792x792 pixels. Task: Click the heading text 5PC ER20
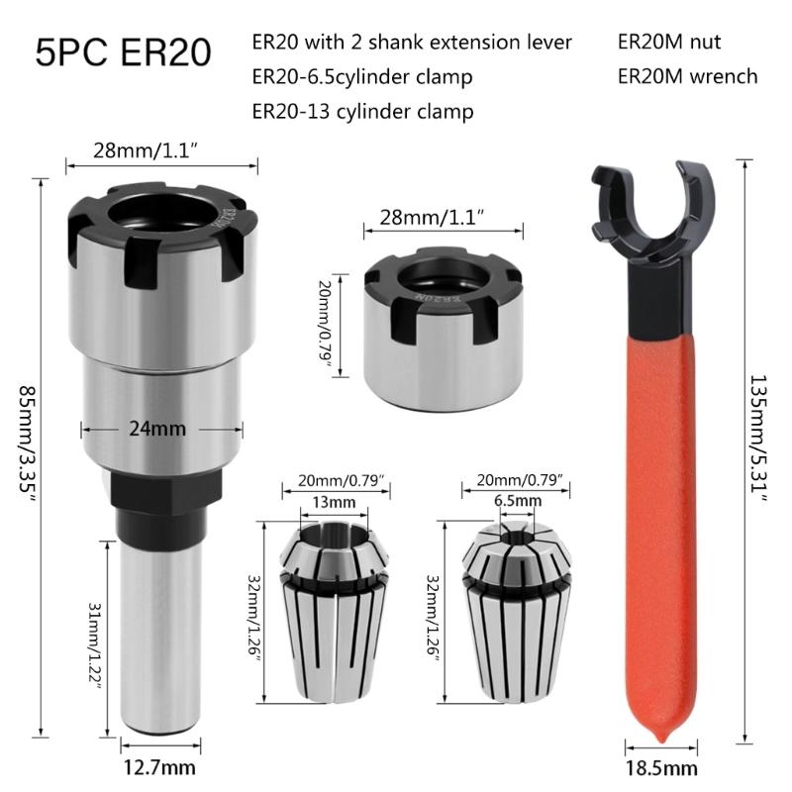[123, 52]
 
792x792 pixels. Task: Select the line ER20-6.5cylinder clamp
[362, 76]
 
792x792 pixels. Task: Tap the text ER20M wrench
[687, 76]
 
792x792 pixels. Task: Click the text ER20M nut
[669, 43]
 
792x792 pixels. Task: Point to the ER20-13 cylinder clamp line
[362, 110]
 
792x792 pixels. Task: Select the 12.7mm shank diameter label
[158, 767]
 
